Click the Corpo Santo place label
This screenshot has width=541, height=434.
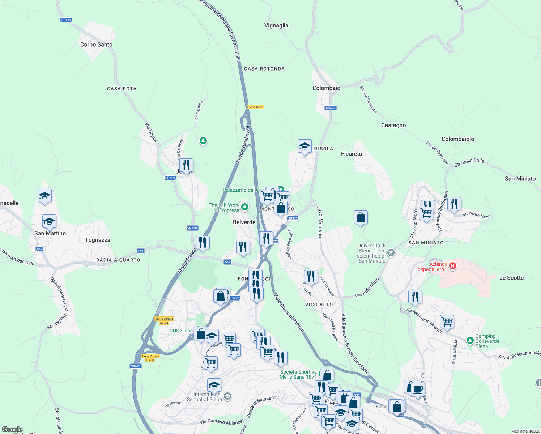pos(96,44)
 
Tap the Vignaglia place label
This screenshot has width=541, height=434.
pos(276,25)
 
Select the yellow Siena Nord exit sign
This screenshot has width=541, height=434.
pos(255,107)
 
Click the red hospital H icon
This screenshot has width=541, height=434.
pos(453,267)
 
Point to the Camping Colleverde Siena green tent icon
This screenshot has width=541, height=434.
pos(470,340)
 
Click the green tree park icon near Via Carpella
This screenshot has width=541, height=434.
pos(203,141)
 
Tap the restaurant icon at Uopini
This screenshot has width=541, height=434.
pos(186,165)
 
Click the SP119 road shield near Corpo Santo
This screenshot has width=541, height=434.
pos(66,20)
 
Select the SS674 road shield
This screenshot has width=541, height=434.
pos(135,366)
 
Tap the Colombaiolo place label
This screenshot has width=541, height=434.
pos(457,139)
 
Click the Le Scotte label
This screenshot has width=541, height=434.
pos(511,278)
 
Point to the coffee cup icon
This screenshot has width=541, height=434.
pos(418,390)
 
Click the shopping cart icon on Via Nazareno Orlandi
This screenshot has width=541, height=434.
pos(447,322)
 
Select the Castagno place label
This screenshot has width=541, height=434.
pos(393,125)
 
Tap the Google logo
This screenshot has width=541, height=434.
pos(12,430)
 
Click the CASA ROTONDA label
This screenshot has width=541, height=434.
pos(264,69)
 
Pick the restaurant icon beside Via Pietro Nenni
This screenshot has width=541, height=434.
pos(454,204)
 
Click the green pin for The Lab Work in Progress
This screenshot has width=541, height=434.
pos(245,207)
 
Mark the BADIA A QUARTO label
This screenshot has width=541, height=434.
pos(118,260)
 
